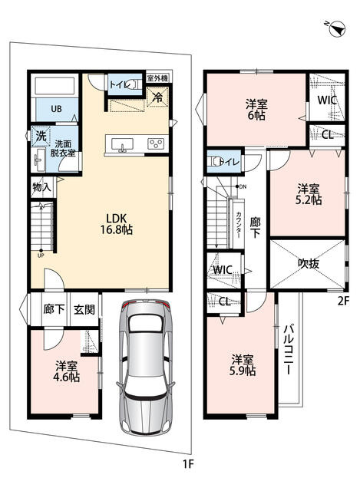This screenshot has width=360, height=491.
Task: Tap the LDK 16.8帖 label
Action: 116,224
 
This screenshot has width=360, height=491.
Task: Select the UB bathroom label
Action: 56,109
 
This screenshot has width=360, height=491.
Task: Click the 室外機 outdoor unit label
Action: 157,78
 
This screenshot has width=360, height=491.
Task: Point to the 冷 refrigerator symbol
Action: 157,97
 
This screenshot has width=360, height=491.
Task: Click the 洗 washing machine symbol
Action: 41,136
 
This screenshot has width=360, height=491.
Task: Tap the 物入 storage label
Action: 41,187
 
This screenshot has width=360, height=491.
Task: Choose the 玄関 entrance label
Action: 84,309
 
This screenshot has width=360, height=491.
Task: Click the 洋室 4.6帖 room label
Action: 67,371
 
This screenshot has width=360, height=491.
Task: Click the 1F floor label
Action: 188,463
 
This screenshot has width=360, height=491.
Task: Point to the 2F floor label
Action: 343,301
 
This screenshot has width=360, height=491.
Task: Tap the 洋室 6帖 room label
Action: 256,110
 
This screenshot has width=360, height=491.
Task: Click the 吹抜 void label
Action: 309,264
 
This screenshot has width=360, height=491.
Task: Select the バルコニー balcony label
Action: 289,350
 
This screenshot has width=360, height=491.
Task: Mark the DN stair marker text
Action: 243,187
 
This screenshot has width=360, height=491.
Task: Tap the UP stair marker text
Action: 41,255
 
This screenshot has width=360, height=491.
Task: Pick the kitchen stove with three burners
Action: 156,143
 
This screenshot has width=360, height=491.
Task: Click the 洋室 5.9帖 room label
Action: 243,365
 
